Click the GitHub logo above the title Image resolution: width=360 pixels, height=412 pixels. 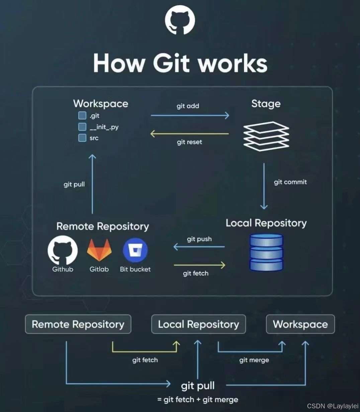click(180, 21)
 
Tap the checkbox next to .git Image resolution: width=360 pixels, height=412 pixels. click(82, 116)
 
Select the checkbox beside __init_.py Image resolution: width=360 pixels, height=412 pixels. click(82, 127)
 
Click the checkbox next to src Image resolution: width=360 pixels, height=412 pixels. click(82, 138)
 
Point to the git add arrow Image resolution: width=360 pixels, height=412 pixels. click(190, 115)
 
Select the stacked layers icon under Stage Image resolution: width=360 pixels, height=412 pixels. click(266, 136)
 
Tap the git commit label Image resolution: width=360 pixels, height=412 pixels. click(290, 182)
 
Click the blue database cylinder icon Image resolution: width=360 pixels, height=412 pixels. click(266, 252)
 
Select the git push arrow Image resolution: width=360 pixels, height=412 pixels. click(199, 247)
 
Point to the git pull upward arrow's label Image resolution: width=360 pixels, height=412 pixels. click(74, 184)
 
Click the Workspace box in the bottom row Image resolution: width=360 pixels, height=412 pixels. click(300, 324)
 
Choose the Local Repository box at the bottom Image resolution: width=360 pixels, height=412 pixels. click(198, 324)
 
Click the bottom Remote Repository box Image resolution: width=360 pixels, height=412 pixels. click(78, 324)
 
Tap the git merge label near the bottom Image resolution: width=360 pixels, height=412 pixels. click(254, 360)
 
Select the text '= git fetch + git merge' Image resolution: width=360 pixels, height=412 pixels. click(197, 400)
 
